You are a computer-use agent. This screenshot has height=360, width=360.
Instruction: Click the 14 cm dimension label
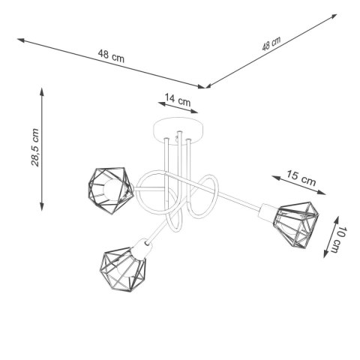(178, 98)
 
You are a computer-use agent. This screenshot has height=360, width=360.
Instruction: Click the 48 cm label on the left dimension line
(109, 54)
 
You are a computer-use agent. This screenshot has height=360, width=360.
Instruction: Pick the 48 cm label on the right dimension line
(271, 44)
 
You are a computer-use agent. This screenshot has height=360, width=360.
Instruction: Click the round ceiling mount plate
(178, 125)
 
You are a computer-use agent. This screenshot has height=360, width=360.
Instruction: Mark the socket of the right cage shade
(265, 212)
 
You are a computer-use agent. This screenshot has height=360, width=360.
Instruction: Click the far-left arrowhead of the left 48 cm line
(18, 38)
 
